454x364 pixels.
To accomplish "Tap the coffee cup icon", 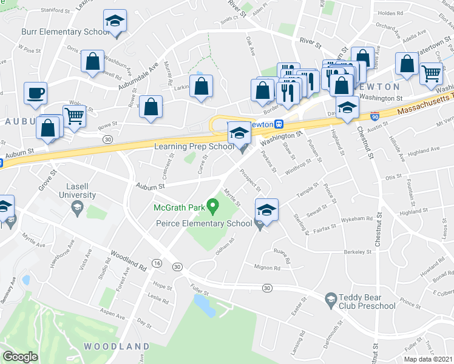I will coord(35,93).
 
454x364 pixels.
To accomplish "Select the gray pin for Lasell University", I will coord(77,208).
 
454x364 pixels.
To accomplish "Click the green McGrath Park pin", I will coord(212,207).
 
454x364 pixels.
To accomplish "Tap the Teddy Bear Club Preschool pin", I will coord(331,298).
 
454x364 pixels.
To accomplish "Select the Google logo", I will coord(21,357).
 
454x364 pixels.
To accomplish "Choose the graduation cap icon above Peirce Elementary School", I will coord(266,210).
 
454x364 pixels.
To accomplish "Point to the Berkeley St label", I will coord(356,251).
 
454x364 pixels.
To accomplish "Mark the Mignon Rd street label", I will coord(268,268).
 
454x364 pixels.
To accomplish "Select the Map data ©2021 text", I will coord(428,359).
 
